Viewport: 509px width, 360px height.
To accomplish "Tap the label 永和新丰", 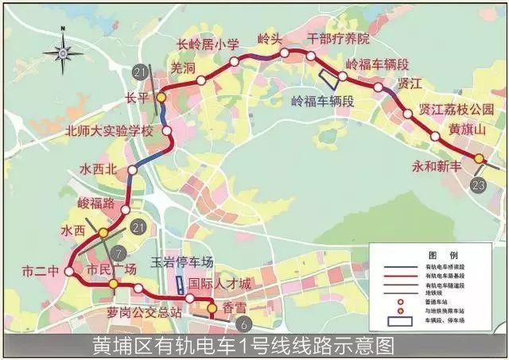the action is pyautogui.click(x=437, y=167).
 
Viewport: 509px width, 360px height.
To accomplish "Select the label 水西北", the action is pyautogui.click(x=99, y=169).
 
